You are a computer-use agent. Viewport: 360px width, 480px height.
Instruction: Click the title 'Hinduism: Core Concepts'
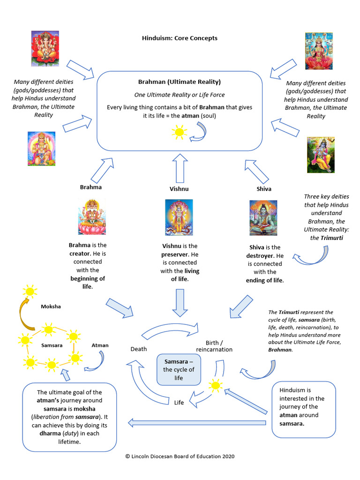(180, 38)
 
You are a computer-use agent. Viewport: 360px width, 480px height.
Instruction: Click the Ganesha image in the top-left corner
(45, 48)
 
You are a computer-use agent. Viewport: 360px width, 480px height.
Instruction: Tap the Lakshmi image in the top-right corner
(319, 51)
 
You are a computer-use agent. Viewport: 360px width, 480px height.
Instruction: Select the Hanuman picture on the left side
(42, 149)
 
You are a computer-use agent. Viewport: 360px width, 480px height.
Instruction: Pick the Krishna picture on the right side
(321, 155)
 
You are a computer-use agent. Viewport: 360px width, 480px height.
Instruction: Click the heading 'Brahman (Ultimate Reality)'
(179, 82)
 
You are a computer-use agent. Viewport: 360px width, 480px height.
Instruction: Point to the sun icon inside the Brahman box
(179, 132)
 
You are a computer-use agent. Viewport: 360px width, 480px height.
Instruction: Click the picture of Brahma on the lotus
(92, 217)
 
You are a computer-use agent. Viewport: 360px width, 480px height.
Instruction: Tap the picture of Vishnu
(179, 217)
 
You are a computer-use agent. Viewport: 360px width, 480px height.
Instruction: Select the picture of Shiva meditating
(263, 217)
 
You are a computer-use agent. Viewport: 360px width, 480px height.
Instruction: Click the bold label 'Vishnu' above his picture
(179, 189)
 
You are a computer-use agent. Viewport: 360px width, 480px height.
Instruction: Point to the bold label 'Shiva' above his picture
(264, 189)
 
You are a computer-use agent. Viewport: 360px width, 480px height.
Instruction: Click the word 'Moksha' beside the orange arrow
(51, 307)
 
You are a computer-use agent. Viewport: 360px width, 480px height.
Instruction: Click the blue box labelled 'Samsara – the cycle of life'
(179, 370)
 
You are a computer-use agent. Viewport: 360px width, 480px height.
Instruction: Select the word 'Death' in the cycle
(138, 349)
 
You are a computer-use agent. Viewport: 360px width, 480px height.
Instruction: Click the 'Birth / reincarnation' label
(214, 346)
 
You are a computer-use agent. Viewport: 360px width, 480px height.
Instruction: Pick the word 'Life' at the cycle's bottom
(179, 402)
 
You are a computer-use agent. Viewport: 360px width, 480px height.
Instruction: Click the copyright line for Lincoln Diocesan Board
(180, 456)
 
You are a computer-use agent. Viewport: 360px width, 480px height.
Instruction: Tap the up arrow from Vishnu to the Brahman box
(179, 168)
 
